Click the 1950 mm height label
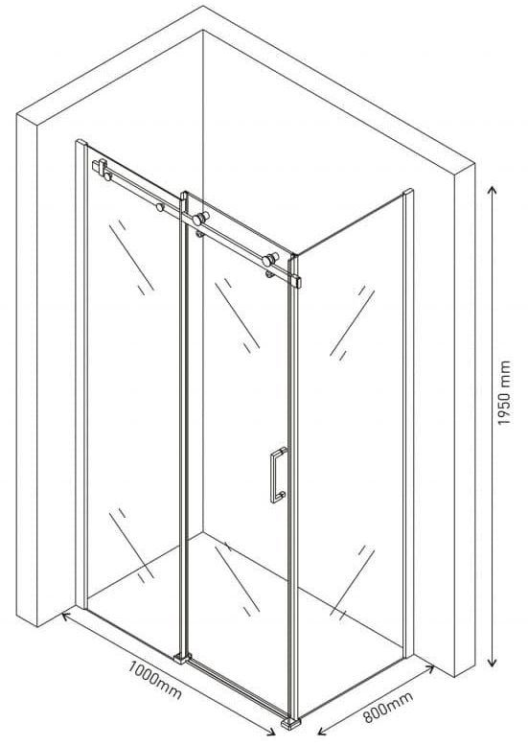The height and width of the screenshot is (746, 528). tap(503, 393)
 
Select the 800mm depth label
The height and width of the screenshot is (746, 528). tap(388, 707)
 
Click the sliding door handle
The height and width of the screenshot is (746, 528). tap(278, 475)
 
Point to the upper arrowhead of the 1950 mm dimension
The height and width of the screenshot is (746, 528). tap(493, 191)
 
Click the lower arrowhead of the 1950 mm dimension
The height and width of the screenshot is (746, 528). tap(493, 662)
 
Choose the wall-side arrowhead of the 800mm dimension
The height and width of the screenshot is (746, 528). tap(429, 669)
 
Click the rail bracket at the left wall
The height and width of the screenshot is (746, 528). tap(100, 167)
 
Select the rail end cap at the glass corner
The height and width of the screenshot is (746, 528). tap(297, 282)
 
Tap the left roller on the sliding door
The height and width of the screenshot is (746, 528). tap(200, 219)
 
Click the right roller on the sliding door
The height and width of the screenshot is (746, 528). tap(270, 259)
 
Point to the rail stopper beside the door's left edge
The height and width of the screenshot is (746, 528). tap(160, 207)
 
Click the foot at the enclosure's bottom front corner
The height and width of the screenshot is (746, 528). tap(290, 722)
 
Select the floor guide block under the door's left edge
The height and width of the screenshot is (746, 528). tap(182, 658)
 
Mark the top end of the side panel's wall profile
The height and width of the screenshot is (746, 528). tap(408, 192)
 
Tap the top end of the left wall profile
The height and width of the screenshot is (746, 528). tap(81, 142)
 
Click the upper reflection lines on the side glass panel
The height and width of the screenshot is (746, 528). tap(352, 322)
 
